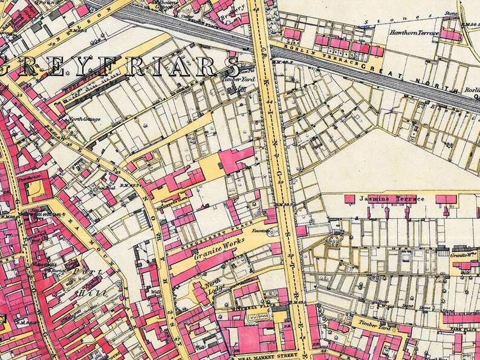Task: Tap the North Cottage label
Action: tap(84, 119)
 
